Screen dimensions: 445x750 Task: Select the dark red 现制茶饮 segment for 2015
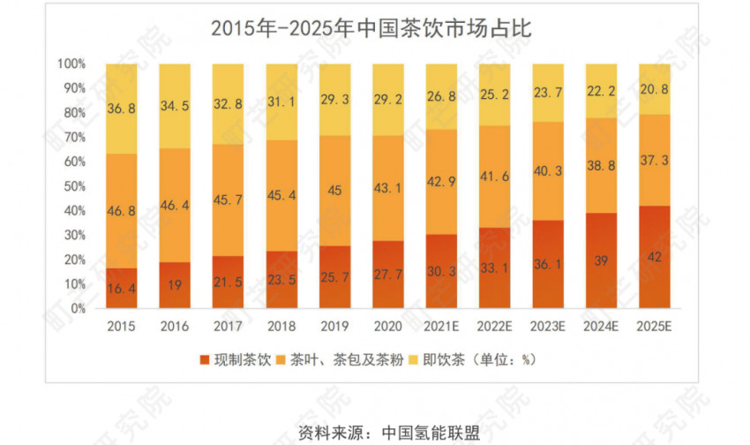pyautogui.click(x=121, y=288)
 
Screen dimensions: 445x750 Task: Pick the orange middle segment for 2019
pyautogui.click(x=334, y=190)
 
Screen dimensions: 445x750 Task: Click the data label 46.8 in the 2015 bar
pyautogui.click(x=121, y=213)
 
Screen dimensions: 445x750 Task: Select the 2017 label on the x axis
pyautogui.click(x=228, y=327)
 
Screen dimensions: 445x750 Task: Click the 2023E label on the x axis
pyautogui.click(x=546, y=327)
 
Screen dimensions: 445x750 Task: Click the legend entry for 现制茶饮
pyautogui.click(x=237, y=360)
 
